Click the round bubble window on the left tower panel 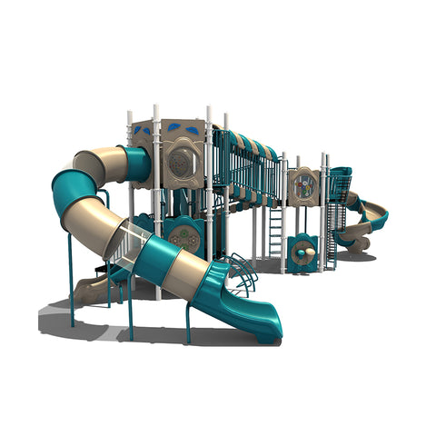coord(182,163)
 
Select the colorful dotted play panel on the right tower coord(303,186)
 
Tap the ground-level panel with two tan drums coord(302,252)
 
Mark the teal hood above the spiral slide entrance coord(340,173)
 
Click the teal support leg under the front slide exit coord(187,322)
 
